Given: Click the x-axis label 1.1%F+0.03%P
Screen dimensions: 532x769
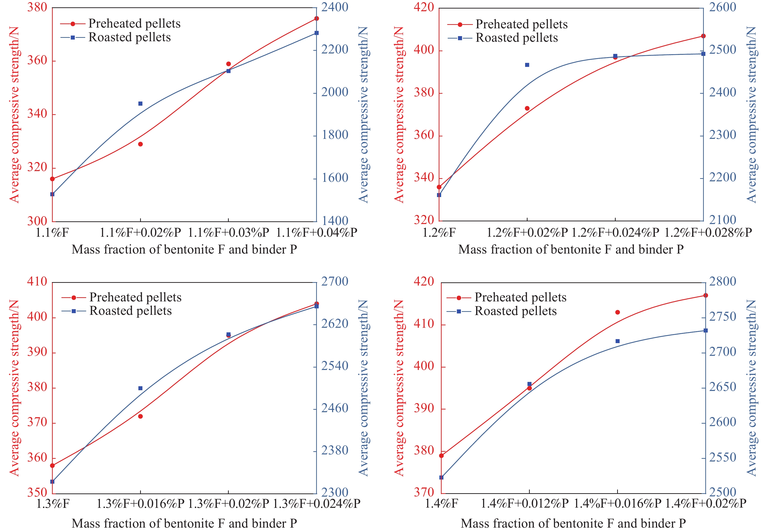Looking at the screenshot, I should [x=229, y=232].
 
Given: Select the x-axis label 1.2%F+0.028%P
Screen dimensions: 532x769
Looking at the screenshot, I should [x=708, y=232].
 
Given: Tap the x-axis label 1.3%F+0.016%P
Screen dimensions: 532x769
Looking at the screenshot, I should [x=140, y=504].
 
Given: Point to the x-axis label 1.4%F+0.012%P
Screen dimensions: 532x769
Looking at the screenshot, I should [x=525, y=504].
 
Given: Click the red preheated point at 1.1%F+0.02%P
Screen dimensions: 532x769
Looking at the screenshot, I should [x=140, y=144].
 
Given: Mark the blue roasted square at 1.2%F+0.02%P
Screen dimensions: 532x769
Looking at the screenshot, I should [x=527, y=65].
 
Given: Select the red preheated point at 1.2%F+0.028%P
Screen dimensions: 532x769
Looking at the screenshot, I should [x=703, y=36].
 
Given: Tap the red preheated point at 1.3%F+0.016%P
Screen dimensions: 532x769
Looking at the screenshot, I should [x=140, y=416].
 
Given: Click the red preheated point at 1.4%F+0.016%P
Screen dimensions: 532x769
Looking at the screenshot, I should [x=618, y=312].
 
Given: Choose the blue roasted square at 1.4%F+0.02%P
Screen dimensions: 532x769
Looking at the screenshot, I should [x=706, y=331].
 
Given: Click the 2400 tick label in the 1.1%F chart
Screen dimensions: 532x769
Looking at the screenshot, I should [x=334, y=7].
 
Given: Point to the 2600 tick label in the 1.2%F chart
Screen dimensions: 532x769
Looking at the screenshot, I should [x=722, y=7].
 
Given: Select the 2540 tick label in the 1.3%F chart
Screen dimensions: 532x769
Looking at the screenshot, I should [x=334, y=366].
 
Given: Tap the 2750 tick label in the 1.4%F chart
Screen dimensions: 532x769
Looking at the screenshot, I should [x=722, y=316].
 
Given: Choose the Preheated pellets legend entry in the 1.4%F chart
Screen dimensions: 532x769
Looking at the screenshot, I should [x=520, y=297].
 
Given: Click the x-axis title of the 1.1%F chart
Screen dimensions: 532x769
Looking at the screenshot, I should [x=184, y=250].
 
